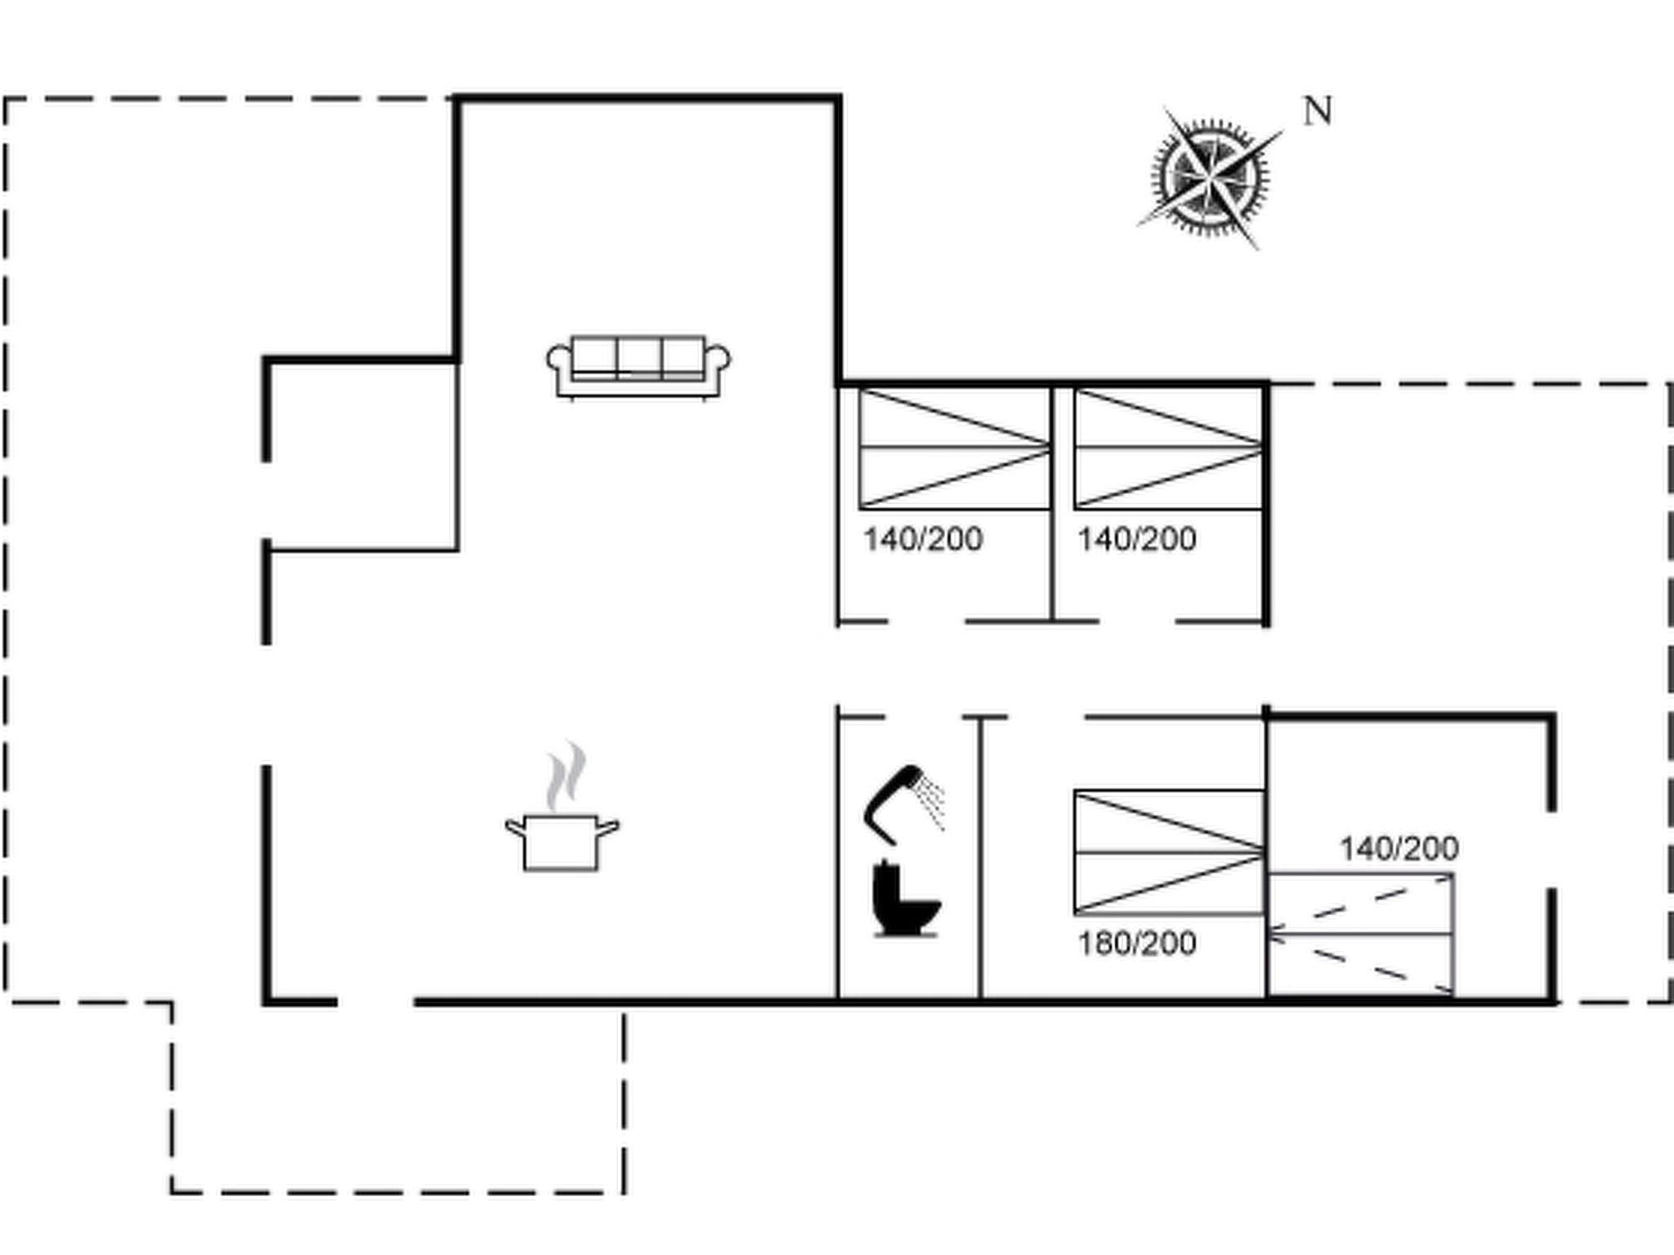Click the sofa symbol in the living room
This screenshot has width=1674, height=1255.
tap(638, 368)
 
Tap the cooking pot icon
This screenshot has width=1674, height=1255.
tap(562, 842)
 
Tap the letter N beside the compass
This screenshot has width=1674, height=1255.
tap(1318, 111)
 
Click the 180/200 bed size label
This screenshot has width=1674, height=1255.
tap(1137, 944)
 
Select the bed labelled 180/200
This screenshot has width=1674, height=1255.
tap(1170, 852)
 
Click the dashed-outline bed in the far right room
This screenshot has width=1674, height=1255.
tap(1361, 934)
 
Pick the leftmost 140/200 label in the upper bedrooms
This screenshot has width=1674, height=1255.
tap(923, 539)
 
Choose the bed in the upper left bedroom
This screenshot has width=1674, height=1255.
tap(955, 449)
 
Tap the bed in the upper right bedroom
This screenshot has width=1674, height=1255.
tap(1170, 449)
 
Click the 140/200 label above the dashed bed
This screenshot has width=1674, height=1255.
tap(1399, 849)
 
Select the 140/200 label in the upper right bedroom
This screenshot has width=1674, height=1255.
tap(1137, 539)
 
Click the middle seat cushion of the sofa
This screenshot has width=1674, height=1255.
tap(639, 357)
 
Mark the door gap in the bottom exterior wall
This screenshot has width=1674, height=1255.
tap(376, 1001)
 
